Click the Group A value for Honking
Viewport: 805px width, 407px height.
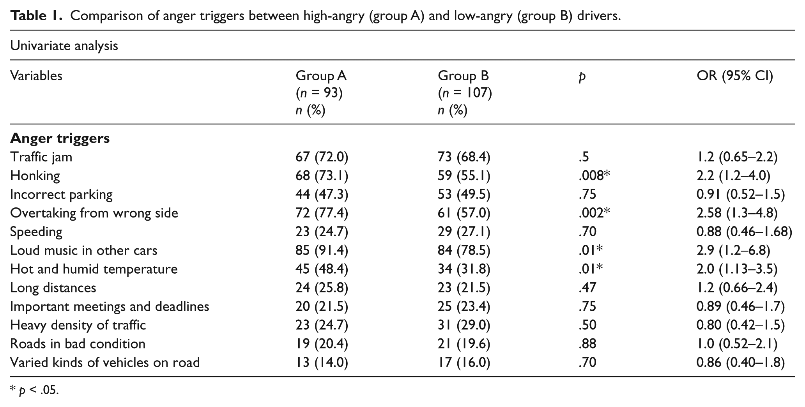(322, 176)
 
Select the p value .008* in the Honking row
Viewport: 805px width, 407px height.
(594, 176)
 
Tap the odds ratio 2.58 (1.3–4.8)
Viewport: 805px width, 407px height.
(737, 213)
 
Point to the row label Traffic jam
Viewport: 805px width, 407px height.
(41, 157)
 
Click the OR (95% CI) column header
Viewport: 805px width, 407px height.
(734, 76)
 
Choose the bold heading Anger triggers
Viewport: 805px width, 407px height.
(60, 138)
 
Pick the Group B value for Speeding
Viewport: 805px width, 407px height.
(464, 232)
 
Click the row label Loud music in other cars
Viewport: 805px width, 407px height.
(84, 250)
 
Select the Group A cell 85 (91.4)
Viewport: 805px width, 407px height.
(322, 251)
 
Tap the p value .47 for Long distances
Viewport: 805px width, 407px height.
(587, 288)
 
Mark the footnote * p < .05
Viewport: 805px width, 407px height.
(34, 390)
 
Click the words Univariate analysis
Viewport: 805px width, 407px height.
(64, 46)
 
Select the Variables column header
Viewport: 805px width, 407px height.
(36, 76)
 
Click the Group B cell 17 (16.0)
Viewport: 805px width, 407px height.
(464, 363)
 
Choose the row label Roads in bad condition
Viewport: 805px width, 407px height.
(78, 344)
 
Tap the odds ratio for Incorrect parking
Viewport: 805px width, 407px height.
(741, 195)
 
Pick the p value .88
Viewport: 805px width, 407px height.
(587, 344)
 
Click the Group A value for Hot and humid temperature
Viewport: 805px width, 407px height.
(322, 269)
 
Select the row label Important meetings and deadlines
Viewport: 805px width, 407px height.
(110, 307)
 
